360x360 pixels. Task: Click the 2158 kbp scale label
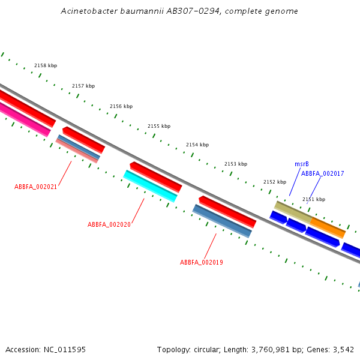46,65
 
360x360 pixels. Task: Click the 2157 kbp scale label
83,86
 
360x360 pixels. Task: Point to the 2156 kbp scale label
121,106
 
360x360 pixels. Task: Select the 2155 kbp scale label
159,126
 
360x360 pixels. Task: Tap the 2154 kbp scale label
197,145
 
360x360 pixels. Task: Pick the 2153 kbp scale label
236,164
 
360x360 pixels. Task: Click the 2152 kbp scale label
275,182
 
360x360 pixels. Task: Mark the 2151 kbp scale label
314,199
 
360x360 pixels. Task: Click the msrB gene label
302,164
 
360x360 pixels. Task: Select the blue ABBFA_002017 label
322,173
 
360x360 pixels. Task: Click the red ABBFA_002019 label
202,262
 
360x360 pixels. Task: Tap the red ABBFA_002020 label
109,224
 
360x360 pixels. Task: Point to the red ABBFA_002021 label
36,187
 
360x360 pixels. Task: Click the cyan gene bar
150,186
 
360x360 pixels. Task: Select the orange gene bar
328,227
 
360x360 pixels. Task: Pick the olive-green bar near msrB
292,212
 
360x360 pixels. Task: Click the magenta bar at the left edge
24,119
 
